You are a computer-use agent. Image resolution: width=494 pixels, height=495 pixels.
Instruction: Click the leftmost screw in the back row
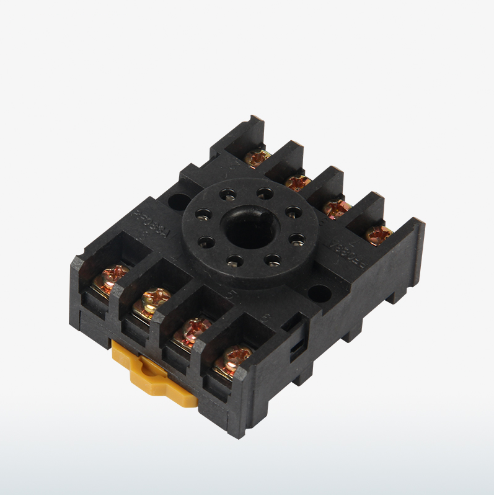pyautogui.click(x=256, y=158)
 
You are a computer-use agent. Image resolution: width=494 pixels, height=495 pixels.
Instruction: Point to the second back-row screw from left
pyautogui.click(x=297, y=182)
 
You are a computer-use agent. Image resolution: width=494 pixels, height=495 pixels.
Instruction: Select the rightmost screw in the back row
pyautogui.click(x=378, y=234)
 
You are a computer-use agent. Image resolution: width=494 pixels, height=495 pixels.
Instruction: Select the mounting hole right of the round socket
pyautogui.click(x=319, y=292)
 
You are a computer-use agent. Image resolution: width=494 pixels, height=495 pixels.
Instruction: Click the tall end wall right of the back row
pyautogui.click(x=409, y=248)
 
